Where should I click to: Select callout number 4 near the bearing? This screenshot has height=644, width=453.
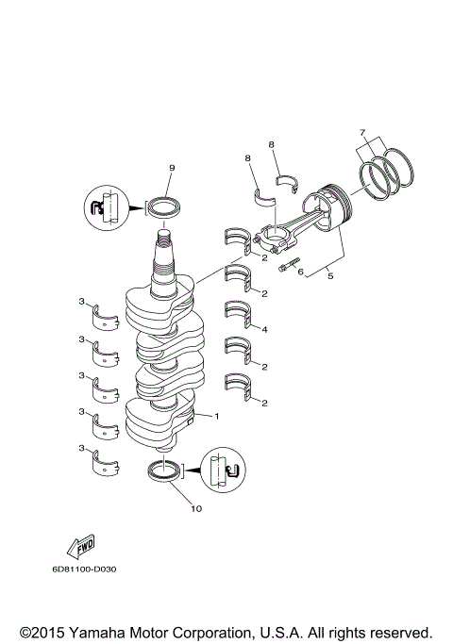coord(265,329)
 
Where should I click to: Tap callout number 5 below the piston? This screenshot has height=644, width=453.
coord(329,274)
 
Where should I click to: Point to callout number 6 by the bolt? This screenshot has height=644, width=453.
coord(300,272)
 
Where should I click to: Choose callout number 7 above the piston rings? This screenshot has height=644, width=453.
coord(363,132)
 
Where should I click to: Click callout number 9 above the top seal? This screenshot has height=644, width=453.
coord(172,167)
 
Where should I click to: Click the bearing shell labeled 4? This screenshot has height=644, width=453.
coord(240,313)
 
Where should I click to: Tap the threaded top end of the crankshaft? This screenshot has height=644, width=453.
coord(166,256)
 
